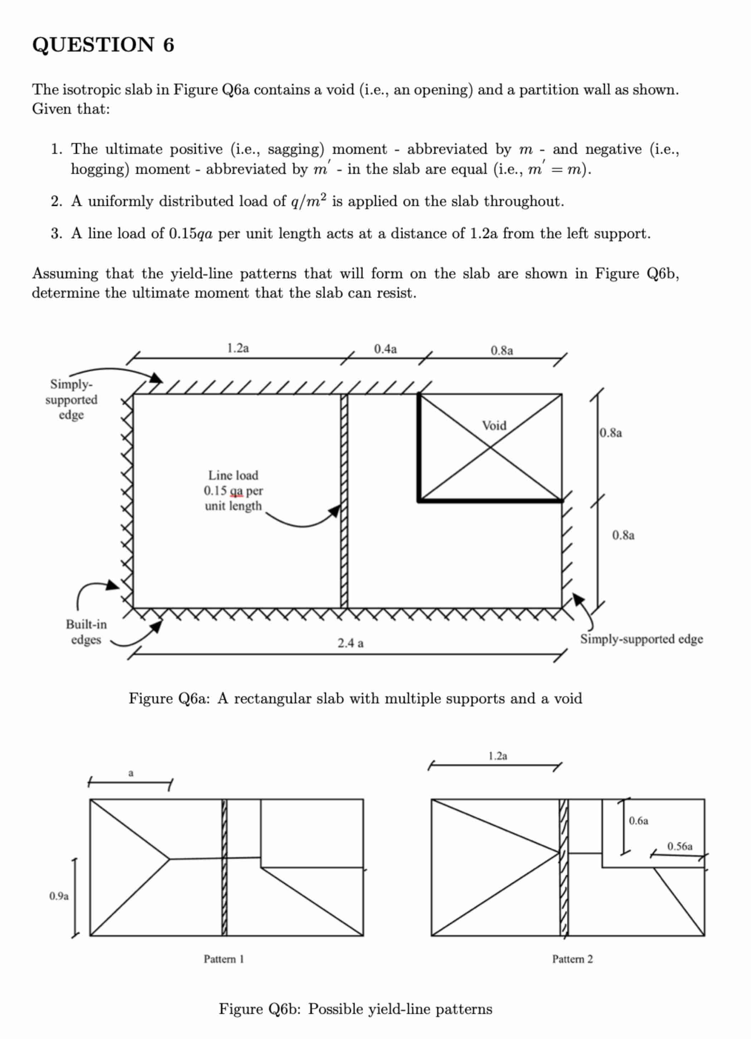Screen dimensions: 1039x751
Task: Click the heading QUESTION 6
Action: tap(103, 45)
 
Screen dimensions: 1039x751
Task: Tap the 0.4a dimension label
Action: tap(385, 349)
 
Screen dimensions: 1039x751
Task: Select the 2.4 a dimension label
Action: tap(350, 643)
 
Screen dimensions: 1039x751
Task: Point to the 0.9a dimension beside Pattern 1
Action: tap(59, 896)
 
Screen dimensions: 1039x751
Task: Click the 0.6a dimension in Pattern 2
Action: tap(638, 820)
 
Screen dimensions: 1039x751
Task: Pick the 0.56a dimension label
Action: tap(679, 846)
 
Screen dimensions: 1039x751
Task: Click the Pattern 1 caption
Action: tap(224, 959)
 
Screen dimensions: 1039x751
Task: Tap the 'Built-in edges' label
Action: tap(86, 632)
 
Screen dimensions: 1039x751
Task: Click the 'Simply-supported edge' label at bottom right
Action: tap(641, 639)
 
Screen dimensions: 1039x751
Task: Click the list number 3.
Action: tap(57, 234)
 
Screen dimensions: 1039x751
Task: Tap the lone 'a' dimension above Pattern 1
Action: tap(131, 773)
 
